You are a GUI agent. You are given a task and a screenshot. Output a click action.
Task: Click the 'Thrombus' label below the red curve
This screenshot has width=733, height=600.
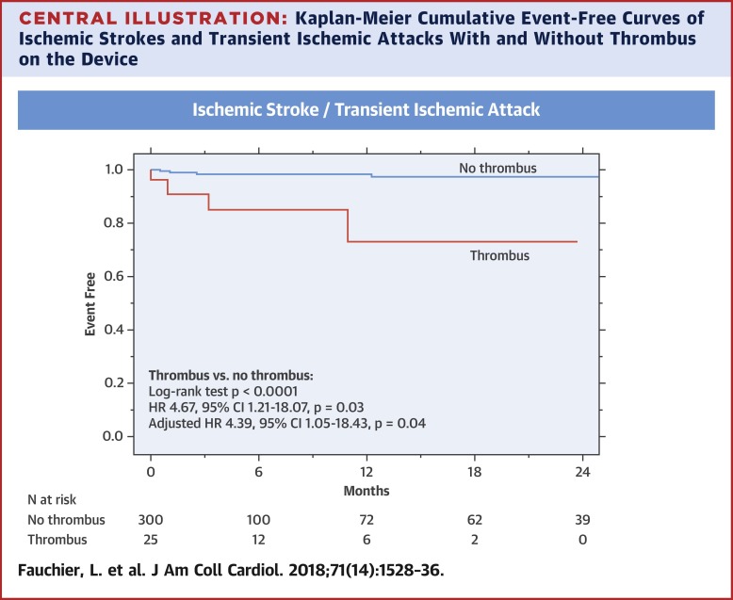tap(499, 255)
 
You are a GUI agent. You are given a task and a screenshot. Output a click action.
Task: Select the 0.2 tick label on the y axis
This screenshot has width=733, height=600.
tap(124, 383)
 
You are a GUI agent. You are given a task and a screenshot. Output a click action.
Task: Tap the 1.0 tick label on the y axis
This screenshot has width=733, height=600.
tap(124, 170)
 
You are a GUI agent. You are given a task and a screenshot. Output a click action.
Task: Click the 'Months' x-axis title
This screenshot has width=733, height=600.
tap(366, 491)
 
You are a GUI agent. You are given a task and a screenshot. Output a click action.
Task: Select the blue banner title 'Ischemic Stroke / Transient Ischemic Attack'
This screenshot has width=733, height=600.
tap(366, 109)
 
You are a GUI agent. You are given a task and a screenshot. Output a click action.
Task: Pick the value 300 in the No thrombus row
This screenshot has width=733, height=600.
tap(151, 520)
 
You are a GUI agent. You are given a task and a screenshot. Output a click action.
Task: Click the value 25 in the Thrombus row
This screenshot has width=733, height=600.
tap(151, 540)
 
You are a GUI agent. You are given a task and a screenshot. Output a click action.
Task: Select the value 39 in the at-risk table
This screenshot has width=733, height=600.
tap(582, 520)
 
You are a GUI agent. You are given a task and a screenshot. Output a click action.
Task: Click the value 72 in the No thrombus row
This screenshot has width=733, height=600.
tap(366, 520)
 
